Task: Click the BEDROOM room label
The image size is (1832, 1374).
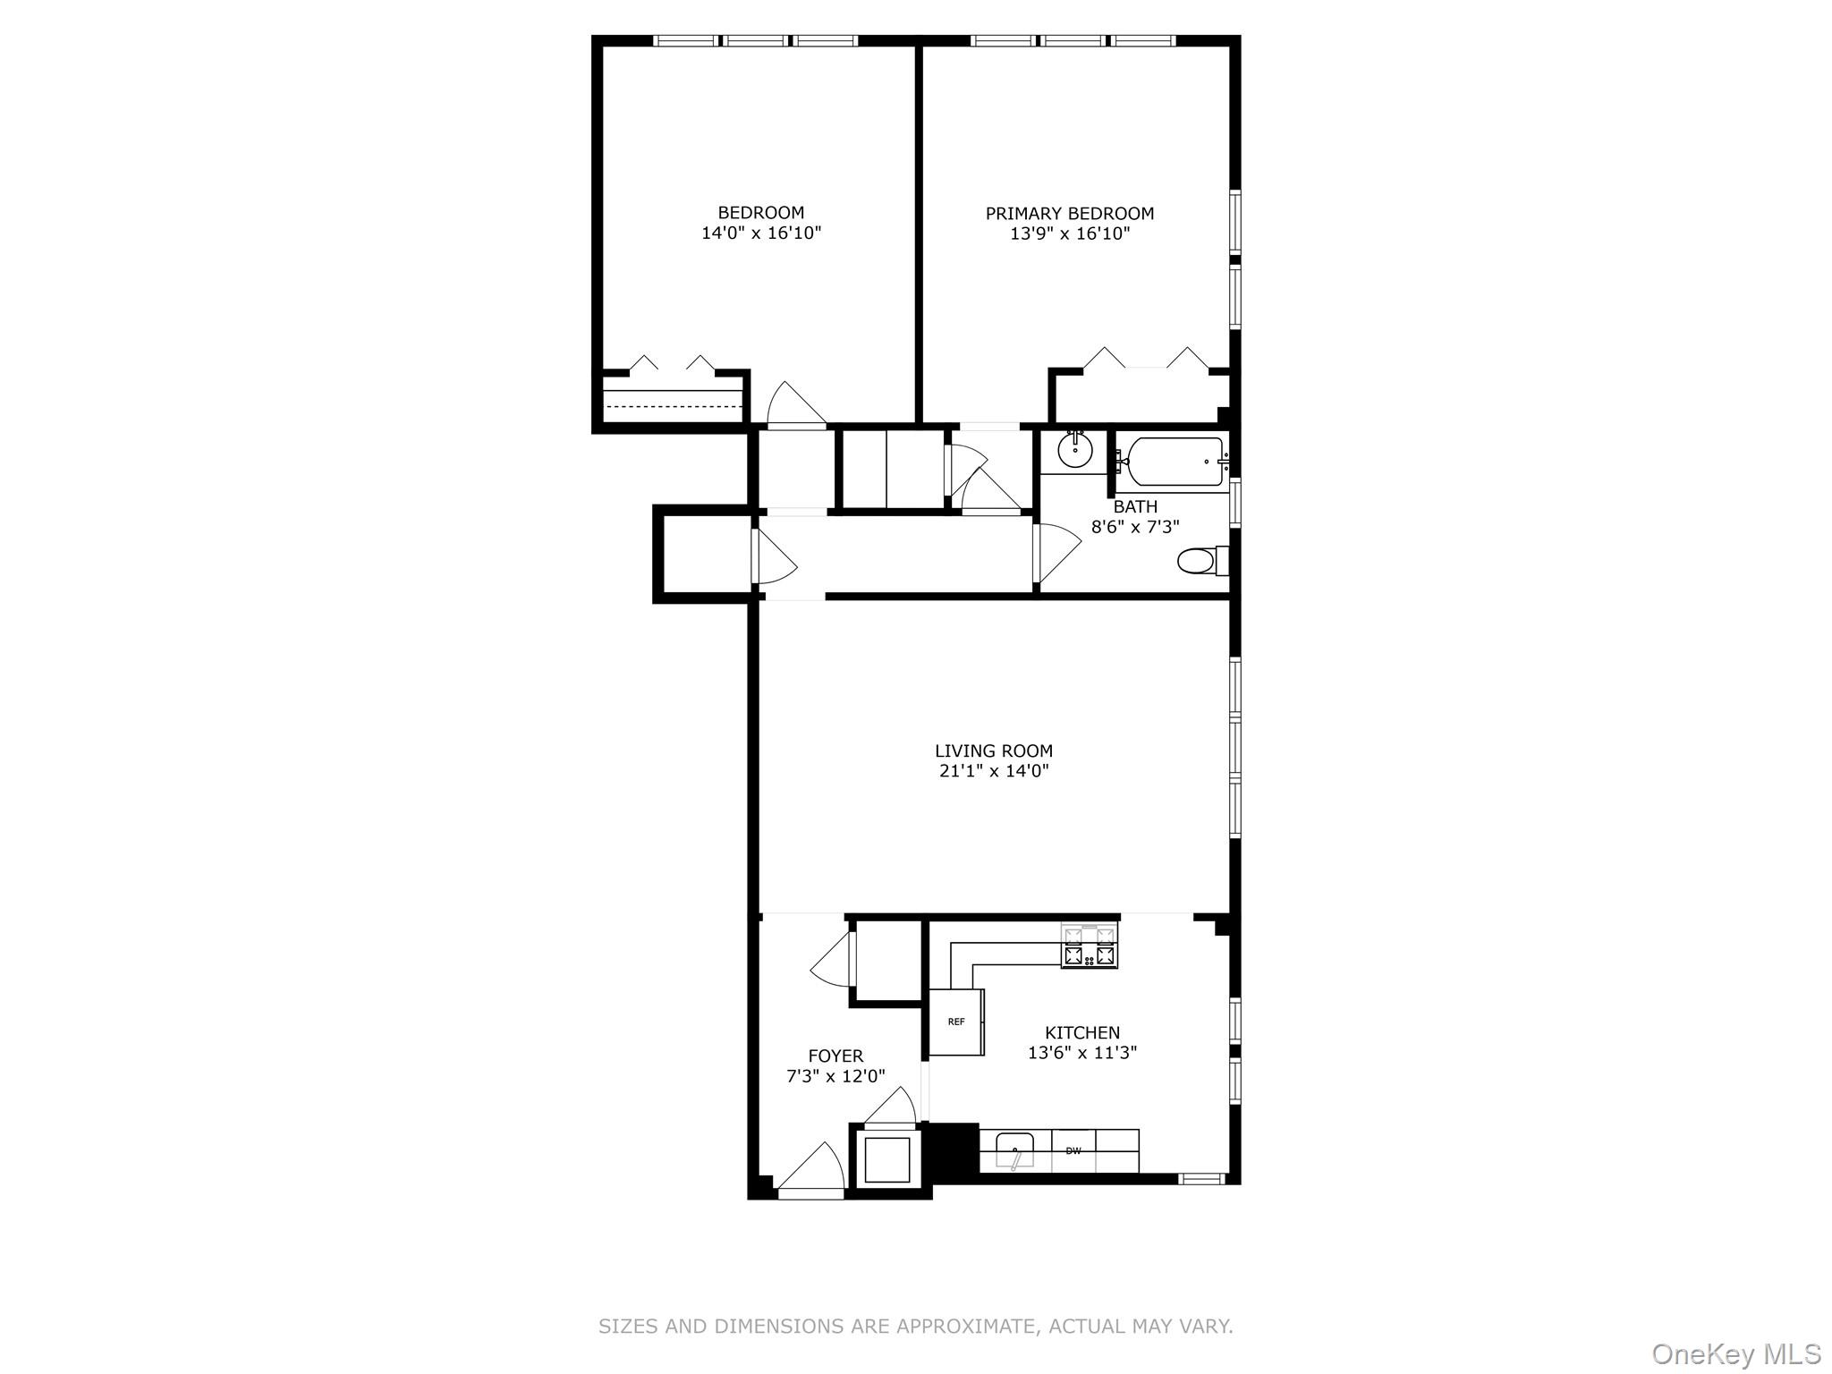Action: tap(760, 212)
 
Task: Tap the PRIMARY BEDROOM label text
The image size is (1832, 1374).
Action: tap(1069, 213)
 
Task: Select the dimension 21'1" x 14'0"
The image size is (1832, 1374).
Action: tap(993, 771)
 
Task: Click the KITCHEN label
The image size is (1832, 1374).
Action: tap(1081, 1032)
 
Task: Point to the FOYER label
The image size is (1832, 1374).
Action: tap(835, 1056)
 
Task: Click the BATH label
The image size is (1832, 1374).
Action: tap(1135, 506)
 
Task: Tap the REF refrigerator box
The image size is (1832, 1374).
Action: tap(956, 1022)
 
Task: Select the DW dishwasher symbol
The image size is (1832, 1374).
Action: tap(1073, 1151)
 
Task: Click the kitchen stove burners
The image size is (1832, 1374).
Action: tap(1090, 946)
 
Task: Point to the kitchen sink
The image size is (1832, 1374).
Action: tap(1014, 1149)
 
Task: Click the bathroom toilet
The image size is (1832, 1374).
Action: tap(1197, 562)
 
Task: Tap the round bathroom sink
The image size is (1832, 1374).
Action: tap(1074, 451)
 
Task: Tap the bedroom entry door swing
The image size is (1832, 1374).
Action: tap(793, 406)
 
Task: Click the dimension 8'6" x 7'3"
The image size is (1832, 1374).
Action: tap(1135, 527)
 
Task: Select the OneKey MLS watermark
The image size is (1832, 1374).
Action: tap(1735, 1353)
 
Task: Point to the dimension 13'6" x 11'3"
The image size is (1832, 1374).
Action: tap(1081, 1053)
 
